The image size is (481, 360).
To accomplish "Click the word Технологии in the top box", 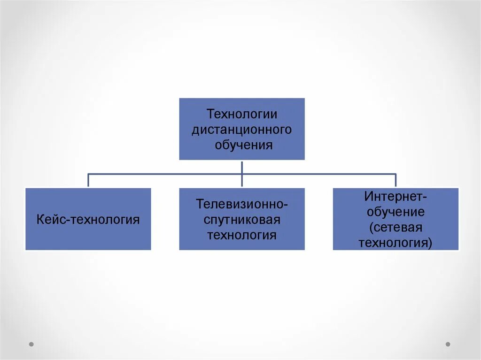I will click(x=242, y=114).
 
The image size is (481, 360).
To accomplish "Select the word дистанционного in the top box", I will click(x=242, y=130).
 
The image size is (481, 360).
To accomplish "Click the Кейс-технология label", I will click(x=88, y=219).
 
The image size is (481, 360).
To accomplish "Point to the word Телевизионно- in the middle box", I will click(x=242, y=204).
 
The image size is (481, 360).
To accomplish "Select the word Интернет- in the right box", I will click(x=396, y=197).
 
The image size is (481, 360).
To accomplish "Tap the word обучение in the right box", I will click(x=396, y=212).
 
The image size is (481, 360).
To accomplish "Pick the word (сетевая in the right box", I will click(x=396, y=227).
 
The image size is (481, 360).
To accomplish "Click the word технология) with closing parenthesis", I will click(x=396, y=243).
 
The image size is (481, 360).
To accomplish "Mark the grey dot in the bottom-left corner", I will click(x=31, y=344).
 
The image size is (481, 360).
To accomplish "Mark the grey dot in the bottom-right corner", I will click(x=448, y=344).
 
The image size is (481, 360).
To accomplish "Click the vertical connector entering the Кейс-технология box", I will click(x=88, y=181).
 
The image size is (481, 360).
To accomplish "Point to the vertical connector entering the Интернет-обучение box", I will click(x=396, y=181).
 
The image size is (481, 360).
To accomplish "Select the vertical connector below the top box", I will click(x=242, y=167).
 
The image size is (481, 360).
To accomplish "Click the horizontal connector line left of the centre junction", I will click(x=164, y=174).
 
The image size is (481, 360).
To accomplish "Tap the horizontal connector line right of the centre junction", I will click(x=319, y=174).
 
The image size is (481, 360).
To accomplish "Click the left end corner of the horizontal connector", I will click(x=88, y=174).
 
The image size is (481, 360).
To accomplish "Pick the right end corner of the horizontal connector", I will click(x=396, y=174).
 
